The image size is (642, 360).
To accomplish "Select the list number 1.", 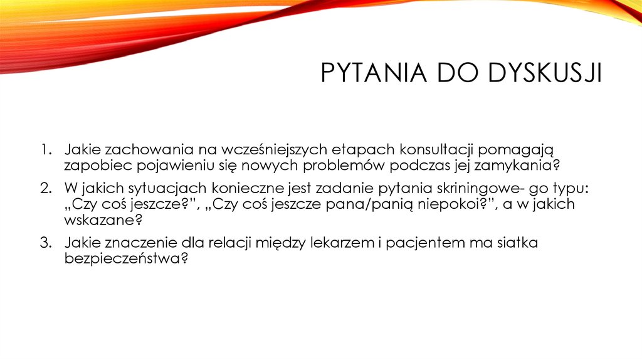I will point(46,150).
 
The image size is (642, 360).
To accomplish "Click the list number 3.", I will point(46,243).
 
